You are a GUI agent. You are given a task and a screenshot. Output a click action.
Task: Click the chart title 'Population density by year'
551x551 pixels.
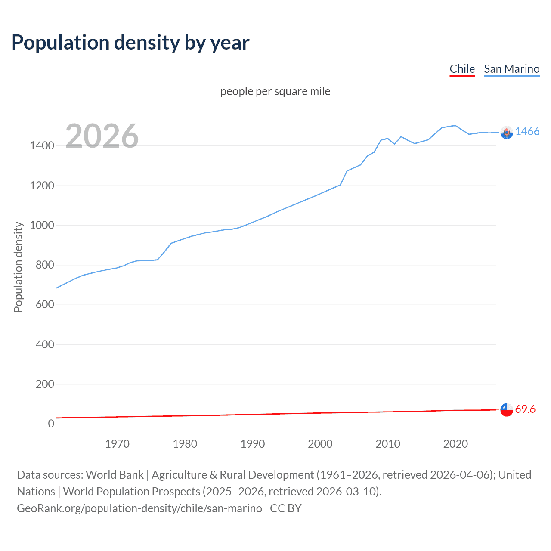pyautogui.click(x=130, y=43)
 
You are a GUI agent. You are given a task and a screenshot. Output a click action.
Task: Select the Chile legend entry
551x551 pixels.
pyautogui.click(x=462, y=69)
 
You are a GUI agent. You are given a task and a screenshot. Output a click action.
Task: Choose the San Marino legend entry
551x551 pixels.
pyautogui.click(x=511, y=69)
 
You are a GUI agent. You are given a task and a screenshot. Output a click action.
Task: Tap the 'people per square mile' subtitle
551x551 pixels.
pyautogui.click(x=275, y=91)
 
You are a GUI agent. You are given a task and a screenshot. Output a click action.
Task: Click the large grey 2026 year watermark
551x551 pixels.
pyautogui.click(x=102, y=136)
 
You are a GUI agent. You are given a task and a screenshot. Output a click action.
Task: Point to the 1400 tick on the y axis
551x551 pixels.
pyautogui.click(x=42, y=146)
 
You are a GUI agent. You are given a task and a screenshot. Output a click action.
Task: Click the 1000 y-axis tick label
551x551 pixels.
pyautogui.click(x=42, y=225)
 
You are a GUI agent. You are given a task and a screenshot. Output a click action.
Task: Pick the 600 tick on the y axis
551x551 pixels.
pyautogui.click(x=45, y=305)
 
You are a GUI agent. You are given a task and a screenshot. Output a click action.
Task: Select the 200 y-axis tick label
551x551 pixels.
pyautogui.click(x=45, y=384)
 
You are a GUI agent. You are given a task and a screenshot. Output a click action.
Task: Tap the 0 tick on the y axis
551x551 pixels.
pyautogui.click(x=51, y=424)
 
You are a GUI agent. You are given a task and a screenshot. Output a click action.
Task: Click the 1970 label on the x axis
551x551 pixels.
pyautogui.click(x=117, y=444)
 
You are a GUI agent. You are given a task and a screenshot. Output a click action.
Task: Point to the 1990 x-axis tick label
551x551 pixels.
pyautogui.click(x=253, y=444)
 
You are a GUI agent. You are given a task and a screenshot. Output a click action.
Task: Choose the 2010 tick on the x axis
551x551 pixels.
pyautogui.click(x=388, y=444)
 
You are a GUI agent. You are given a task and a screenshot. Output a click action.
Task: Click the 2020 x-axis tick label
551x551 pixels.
pyautogui.click(x=455, y=444)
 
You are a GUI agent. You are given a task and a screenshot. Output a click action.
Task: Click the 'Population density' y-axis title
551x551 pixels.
pyautogui.click(x=18, y=267)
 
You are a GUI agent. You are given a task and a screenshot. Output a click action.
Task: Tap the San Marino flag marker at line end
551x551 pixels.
pyautogui.click(x=507, y=133)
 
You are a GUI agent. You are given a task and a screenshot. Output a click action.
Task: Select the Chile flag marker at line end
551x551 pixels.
pyautogui.click(x=507, y=410)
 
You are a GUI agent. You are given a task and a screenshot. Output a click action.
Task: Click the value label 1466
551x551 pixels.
pyautogui.click(x=527, y=132)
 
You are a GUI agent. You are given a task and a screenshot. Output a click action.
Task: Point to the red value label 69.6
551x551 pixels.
pyautogui.click(x=525, y=409)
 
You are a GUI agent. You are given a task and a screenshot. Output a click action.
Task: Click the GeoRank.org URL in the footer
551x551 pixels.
pyautogui.click(x=139, y=508)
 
